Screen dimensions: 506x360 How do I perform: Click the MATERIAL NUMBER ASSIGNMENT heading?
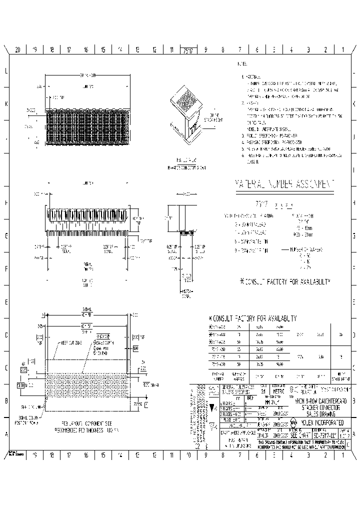(284, 184)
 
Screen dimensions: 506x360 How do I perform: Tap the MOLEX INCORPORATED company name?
(322, 422)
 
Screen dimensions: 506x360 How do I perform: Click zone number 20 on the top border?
(17, 49)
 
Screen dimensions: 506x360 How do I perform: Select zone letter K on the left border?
(6, 104)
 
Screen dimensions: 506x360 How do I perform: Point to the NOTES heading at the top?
(242, 64)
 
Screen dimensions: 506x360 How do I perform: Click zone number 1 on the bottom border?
(342, 455)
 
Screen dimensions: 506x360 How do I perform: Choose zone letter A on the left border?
(6, 434)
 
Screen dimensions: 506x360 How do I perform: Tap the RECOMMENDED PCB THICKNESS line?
(88, 430)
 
